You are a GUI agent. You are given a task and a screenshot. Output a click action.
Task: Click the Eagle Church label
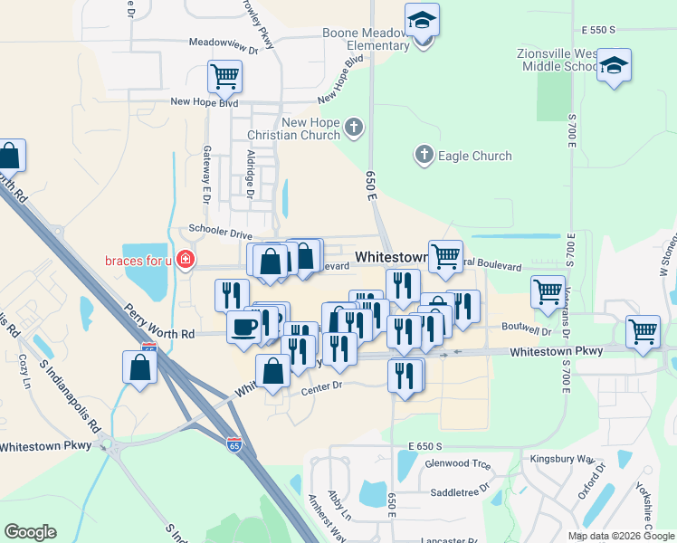(x=474, y=156)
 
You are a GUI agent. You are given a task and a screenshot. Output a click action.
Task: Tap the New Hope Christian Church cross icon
(x=354, y=128)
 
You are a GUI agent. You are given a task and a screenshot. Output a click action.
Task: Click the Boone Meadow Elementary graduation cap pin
(x=422, y=22)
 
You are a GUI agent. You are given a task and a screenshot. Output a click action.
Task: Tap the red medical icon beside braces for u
(x=185, y=261)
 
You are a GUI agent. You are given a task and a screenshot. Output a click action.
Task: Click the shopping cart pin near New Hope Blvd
(x=224, y=76)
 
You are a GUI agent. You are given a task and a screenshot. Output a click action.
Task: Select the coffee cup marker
(x=243, y=326)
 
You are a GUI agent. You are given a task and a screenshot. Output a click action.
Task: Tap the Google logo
(x=30, y=532)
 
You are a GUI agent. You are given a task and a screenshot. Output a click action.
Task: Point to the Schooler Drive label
(x=221, y=233)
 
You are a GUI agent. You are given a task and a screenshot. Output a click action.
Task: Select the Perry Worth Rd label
(x=160, y=322)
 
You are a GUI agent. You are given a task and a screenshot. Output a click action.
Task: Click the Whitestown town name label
(x=391, y=257)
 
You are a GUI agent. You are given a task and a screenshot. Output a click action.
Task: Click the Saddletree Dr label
(x=460, y=483)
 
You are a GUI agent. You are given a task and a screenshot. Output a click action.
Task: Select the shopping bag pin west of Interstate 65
(x=139, y=367)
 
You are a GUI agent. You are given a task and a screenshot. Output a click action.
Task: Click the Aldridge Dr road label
(x=251, y=173)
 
